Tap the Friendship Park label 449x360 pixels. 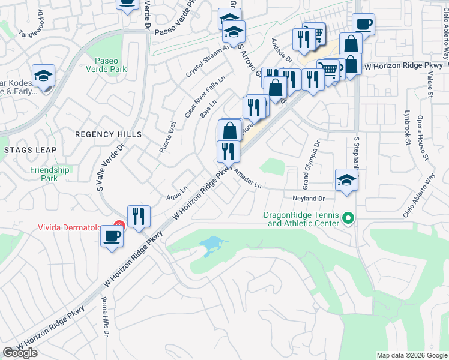(x=50, y=174)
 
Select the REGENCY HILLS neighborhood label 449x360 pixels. (x=108, y=134)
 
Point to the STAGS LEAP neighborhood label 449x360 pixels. (x=29, y=149)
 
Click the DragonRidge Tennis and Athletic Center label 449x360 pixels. (x=301, y=219)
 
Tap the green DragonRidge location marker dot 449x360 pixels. (x=347, y=219)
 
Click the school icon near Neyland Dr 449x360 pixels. (x=346, y=180)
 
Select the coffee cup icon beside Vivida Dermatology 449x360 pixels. (x=112, y=236)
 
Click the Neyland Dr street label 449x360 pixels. (x=309, y=198)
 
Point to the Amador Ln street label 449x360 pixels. (x=248, y=179)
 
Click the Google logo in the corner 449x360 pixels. (x=20, y=353)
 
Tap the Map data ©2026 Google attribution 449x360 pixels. (x=411, y=355)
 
